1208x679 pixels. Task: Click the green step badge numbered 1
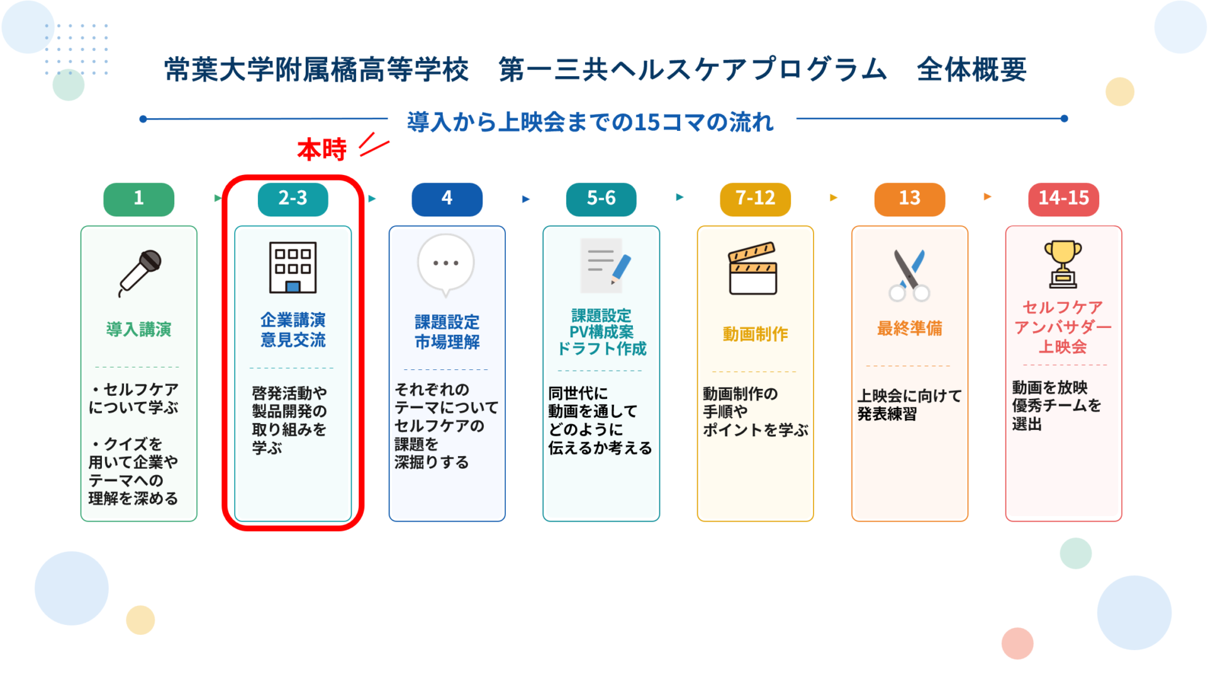(138, 199)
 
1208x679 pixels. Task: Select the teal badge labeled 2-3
(293, 199)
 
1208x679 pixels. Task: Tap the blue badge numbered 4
(447, 199)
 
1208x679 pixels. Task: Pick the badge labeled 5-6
(601, 199)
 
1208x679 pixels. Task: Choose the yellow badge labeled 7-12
(755, 199)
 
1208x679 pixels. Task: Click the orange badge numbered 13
(909, 199)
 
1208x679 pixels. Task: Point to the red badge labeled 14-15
(1063, 199)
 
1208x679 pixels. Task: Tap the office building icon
(293, 267)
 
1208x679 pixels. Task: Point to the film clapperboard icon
(752, 268)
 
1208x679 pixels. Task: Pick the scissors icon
(909, 275)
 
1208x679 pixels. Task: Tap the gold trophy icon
(1063, 264)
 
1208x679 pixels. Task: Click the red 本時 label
(322, 150)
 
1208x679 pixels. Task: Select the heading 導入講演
(138, 329)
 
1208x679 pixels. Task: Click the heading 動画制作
(755, 334)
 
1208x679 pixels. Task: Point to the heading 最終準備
(909, 328)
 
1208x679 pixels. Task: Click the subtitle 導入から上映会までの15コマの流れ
(590, 121)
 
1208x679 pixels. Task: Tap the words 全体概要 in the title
(971, 69)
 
